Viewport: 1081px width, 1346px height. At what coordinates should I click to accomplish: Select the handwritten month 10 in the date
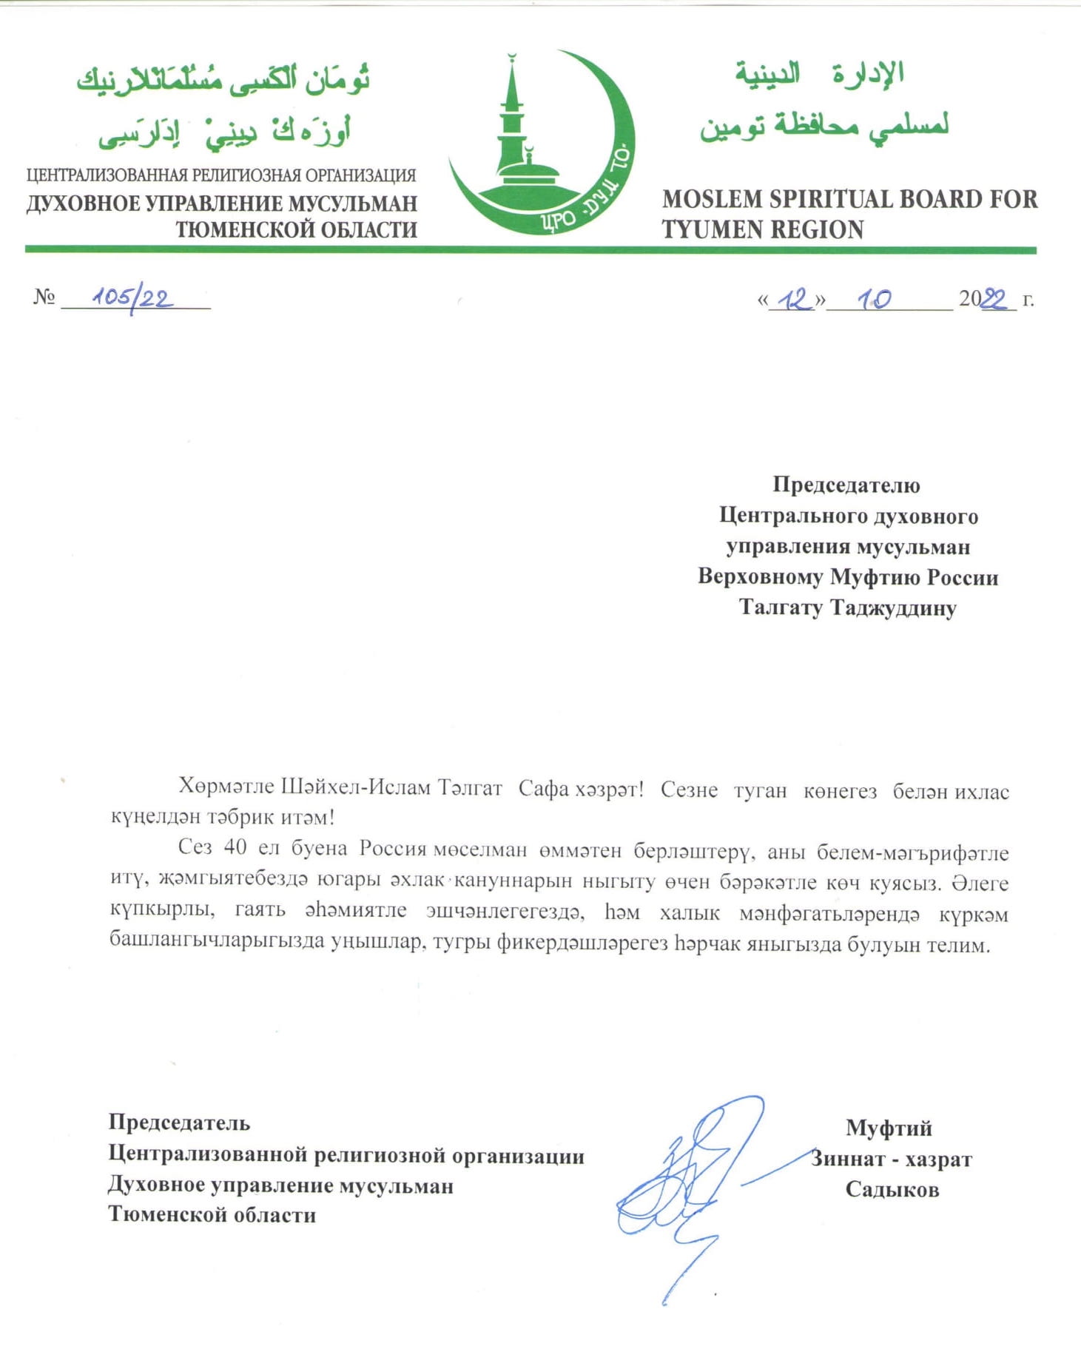[x=874, y=299]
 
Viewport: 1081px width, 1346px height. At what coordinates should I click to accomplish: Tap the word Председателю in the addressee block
[x=846, y=485]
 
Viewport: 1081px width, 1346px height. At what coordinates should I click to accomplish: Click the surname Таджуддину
[x=893, y=608]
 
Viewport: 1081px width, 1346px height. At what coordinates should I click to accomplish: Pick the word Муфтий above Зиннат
[x=889, y=1128]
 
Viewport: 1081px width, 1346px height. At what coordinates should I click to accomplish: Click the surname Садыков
[x=892, y=1189]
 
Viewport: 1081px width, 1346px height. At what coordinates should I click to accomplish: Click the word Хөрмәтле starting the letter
[x=226, y=787]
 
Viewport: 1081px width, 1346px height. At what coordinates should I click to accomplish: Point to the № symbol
[x=44, y=297]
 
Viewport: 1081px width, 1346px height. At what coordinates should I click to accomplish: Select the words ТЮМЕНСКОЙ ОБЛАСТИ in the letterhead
[x=296, y=230]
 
